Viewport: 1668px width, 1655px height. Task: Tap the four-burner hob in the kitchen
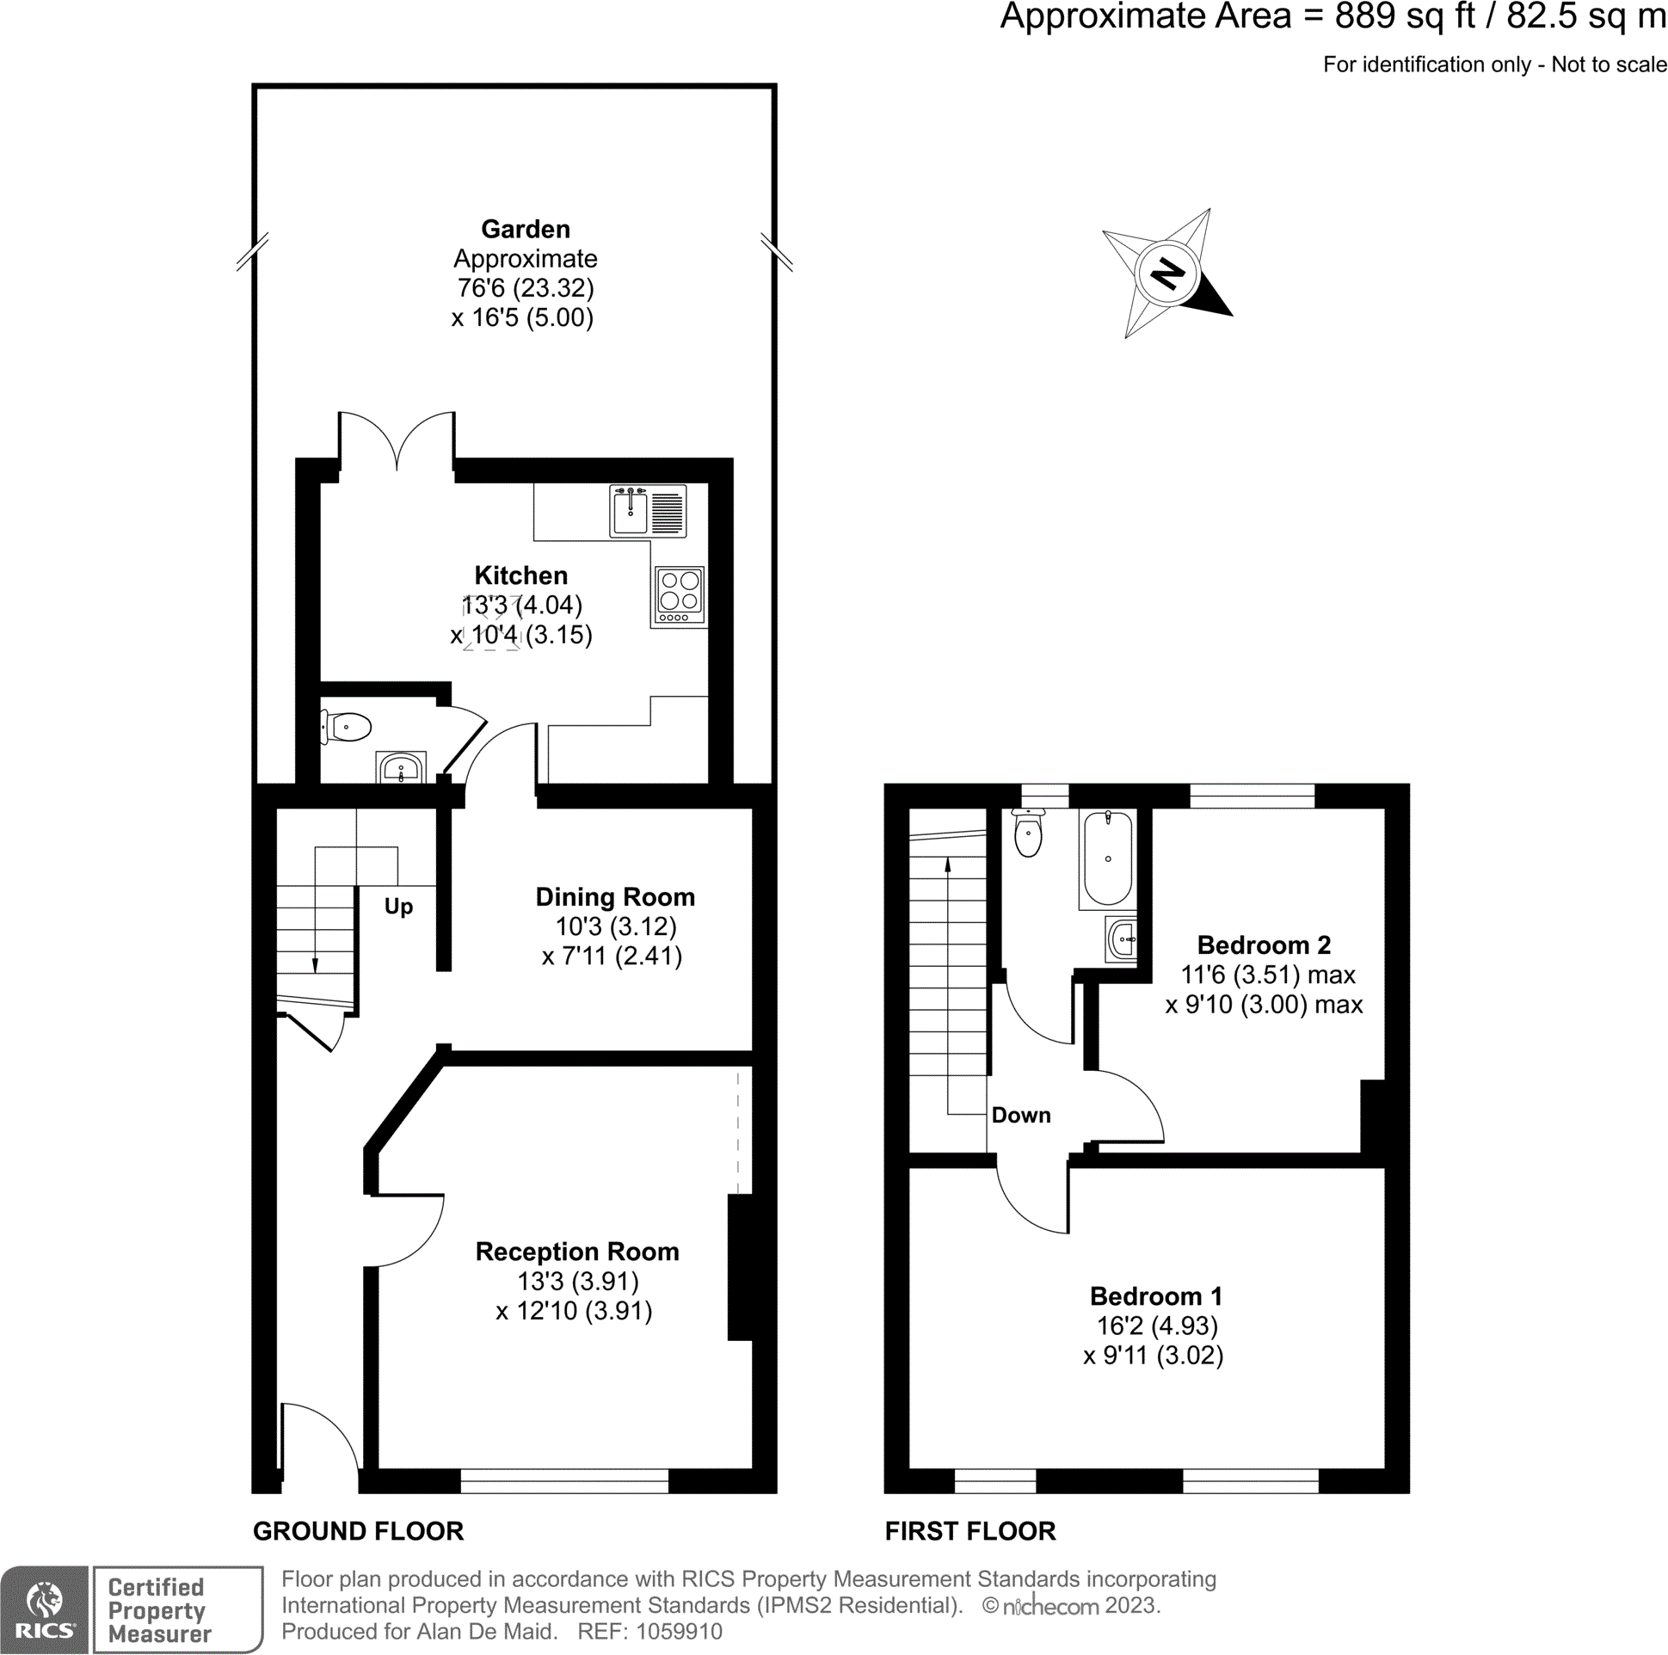point(680,594)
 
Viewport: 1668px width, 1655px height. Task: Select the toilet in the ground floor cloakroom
point(347,727)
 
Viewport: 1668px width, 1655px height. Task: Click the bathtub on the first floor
point(1107,858)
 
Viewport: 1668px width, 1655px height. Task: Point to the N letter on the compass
point(1167,274)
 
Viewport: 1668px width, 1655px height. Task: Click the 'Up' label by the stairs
point(398,907)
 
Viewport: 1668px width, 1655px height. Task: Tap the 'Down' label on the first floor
point(1020,1115)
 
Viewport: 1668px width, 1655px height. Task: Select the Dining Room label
point(615,897)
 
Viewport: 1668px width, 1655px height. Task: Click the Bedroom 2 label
point(1263,944)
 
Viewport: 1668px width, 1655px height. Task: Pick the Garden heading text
point(525,229)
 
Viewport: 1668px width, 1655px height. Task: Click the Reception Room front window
point(564,1480)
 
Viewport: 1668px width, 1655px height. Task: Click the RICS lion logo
point(44,1603)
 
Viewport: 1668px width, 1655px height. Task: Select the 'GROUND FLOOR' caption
point(358,1531)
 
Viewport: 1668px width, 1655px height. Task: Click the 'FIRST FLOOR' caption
point(969,1531)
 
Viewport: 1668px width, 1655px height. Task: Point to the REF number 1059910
point(679,1631)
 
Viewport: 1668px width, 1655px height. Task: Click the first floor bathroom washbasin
point(1122,938)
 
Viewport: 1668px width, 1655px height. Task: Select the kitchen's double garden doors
point(397,442)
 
